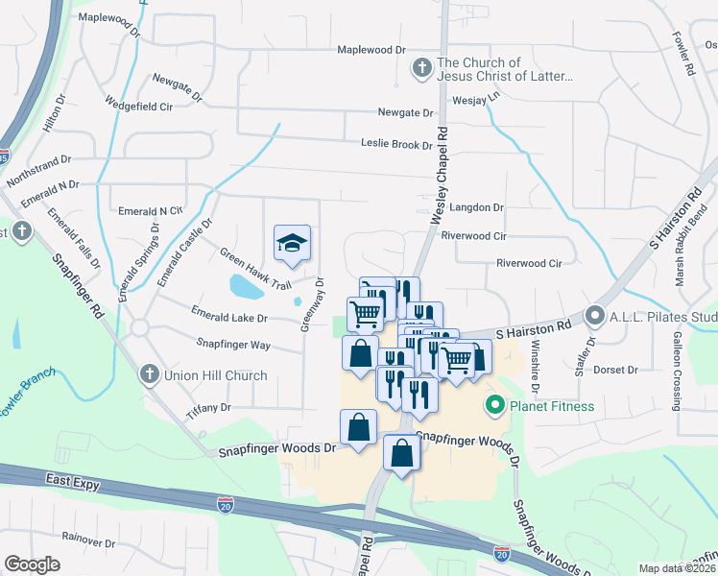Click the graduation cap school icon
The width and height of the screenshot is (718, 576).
(294, 243)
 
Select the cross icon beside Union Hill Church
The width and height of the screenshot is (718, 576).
(149, 373)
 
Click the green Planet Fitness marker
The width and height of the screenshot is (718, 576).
(495, 406)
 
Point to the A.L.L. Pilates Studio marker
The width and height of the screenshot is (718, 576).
(595, 315)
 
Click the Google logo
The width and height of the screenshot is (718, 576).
(32, 564)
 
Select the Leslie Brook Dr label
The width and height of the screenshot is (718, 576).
(396, 145)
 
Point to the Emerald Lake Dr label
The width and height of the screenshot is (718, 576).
(229, 316)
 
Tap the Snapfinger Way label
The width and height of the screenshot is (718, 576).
(233, 344)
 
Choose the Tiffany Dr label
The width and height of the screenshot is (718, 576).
(212, 407)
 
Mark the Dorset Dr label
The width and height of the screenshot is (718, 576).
(616, 370)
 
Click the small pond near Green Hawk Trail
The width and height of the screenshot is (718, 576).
(244, 285)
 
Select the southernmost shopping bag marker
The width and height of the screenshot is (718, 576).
(402, 452)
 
